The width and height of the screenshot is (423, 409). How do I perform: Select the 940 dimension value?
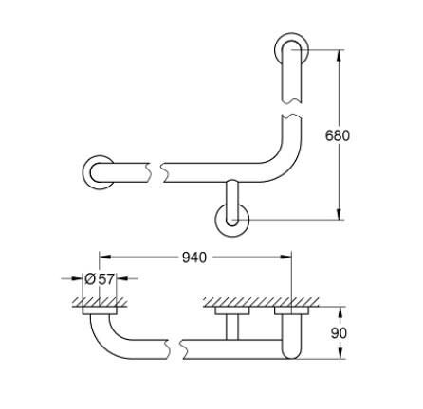pos(193,257)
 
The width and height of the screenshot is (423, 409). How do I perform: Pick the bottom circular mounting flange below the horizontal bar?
pos(232,220)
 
